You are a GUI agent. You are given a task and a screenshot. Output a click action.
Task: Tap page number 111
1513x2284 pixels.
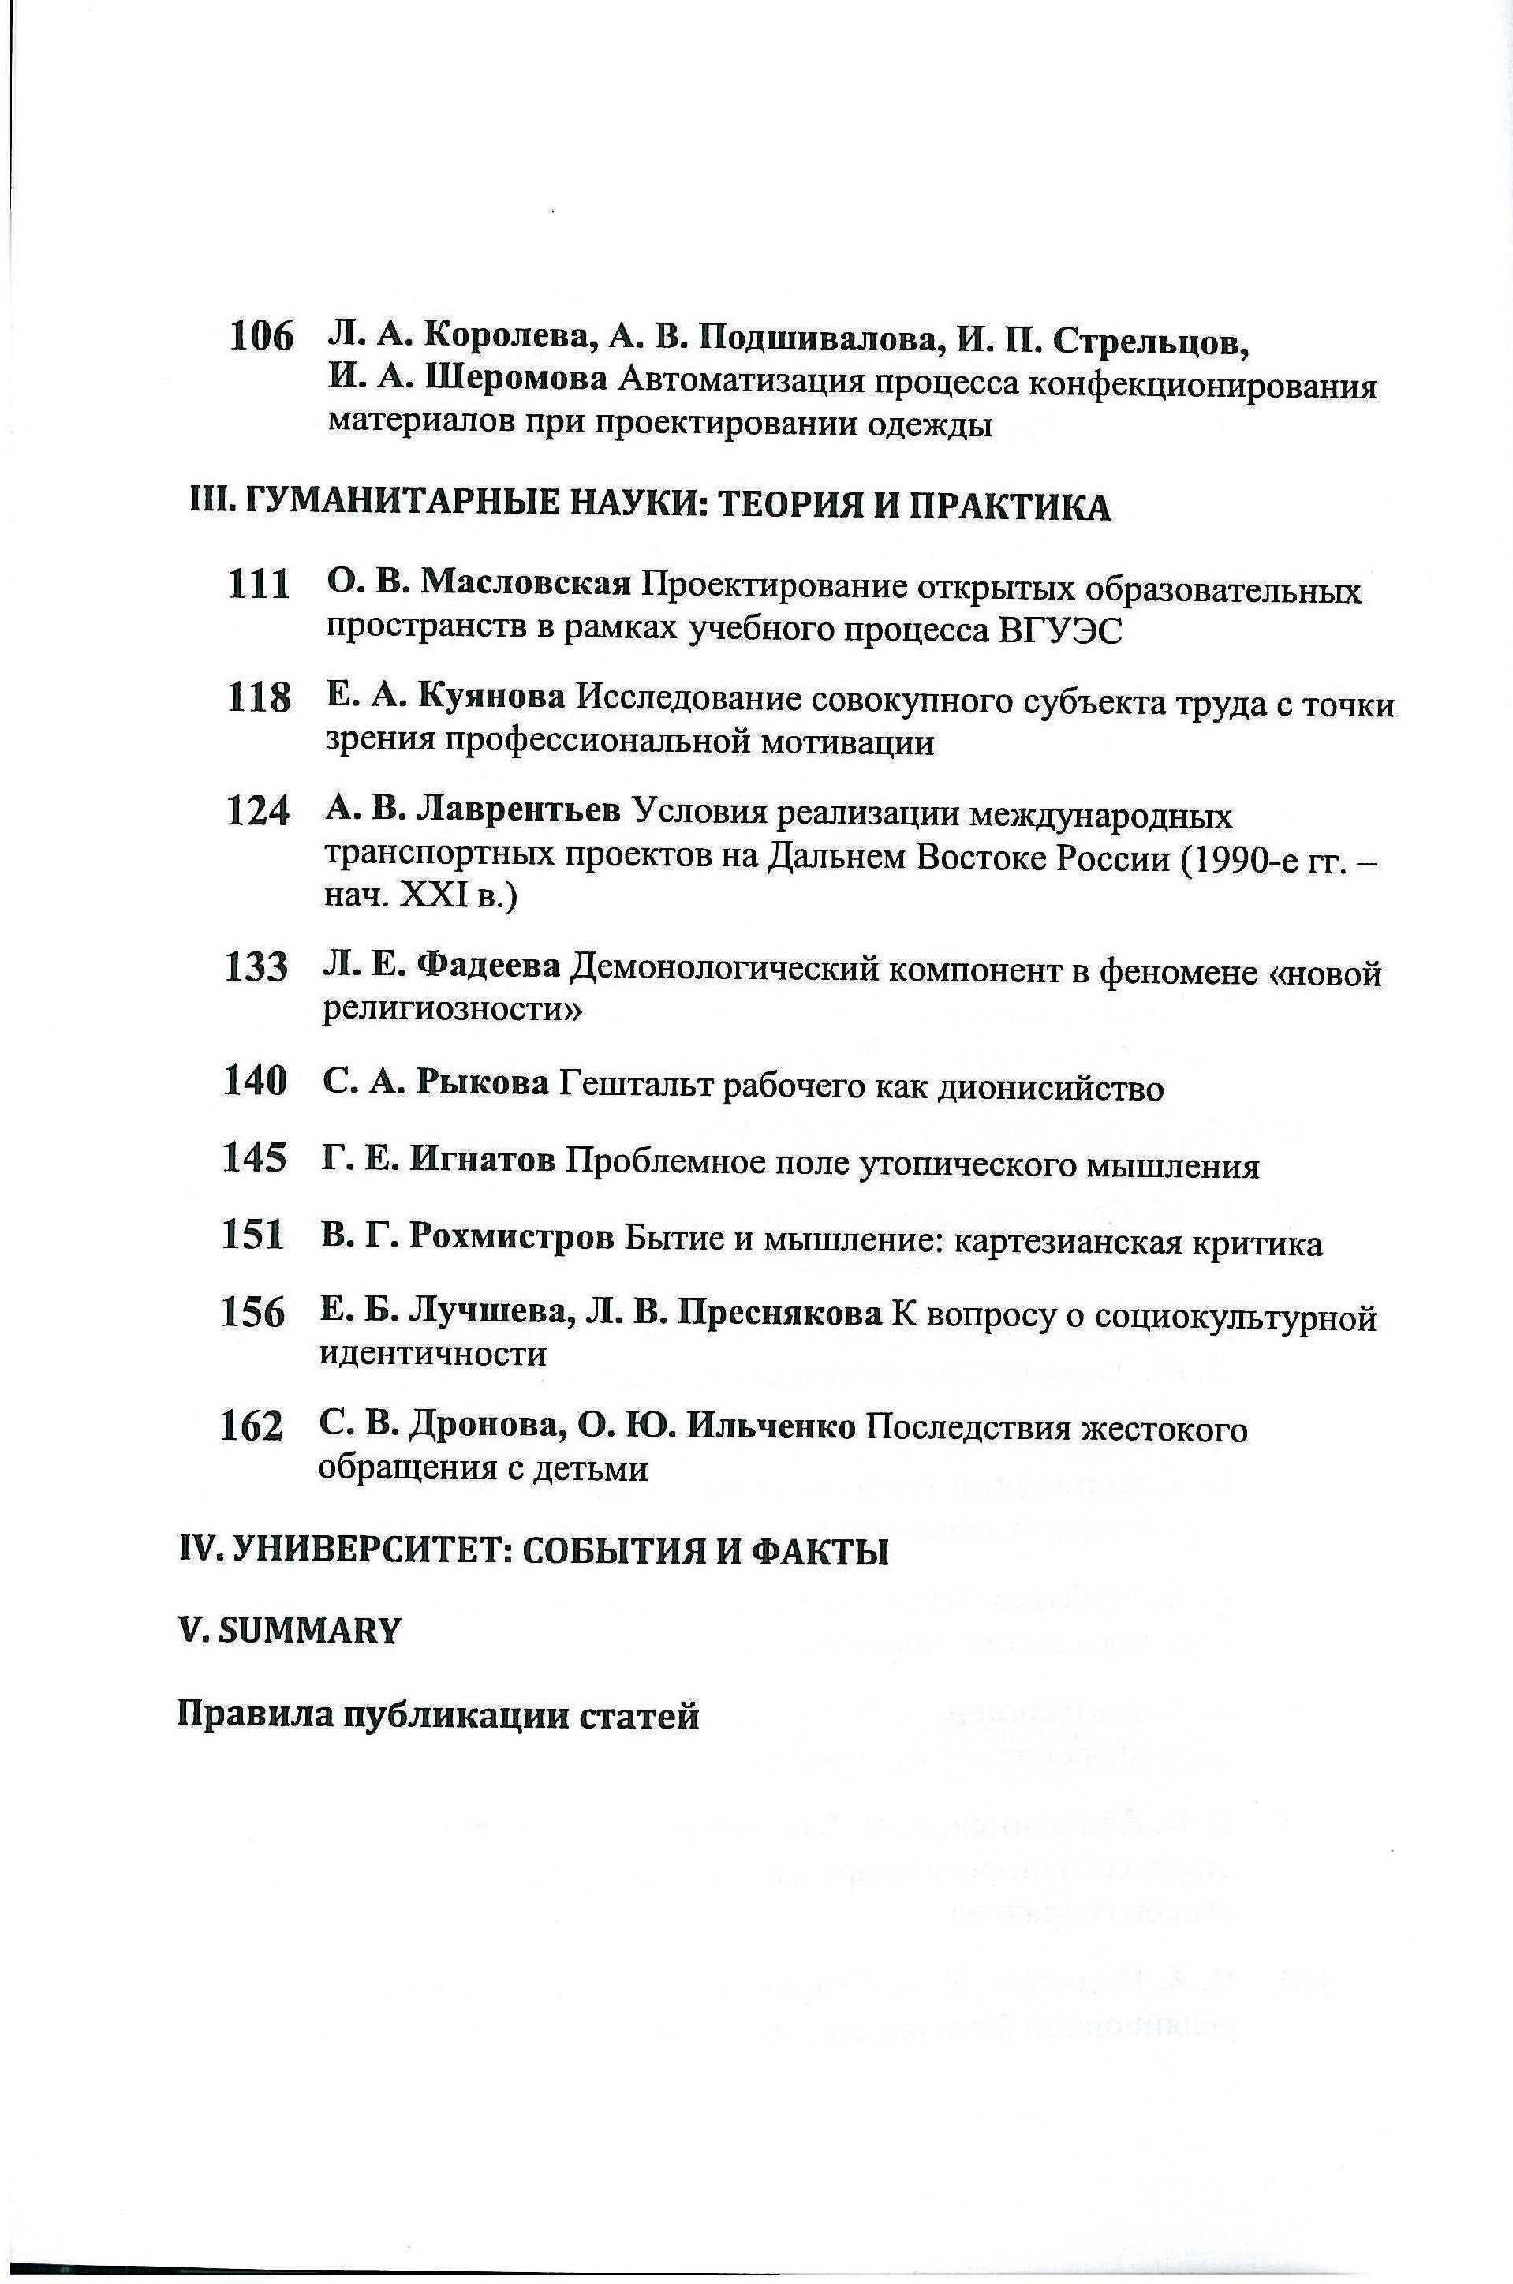point(259,585)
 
